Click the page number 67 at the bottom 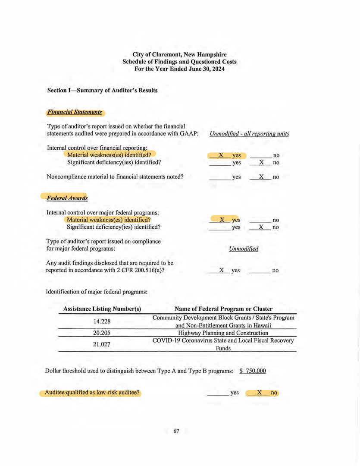[176, 431]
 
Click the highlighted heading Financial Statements [75, 112]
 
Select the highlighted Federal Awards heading [67, 198]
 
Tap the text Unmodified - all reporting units [249, 134]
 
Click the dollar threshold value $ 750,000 [253, 371]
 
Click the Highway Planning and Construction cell [223, 333]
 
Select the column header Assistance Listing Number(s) [102, 309]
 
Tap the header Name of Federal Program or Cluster [223, 309]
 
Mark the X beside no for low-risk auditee [260, 393]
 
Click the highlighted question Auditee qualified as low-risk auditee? [90, 393]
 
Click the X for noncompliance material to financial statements [261, 177]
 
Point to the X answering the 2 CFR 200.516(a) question [221, 270]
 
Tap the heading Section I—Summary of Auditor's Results [102, 91]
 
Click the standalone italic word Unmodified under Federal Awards [244, 249]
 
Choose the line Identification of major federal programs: [97, 292]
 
